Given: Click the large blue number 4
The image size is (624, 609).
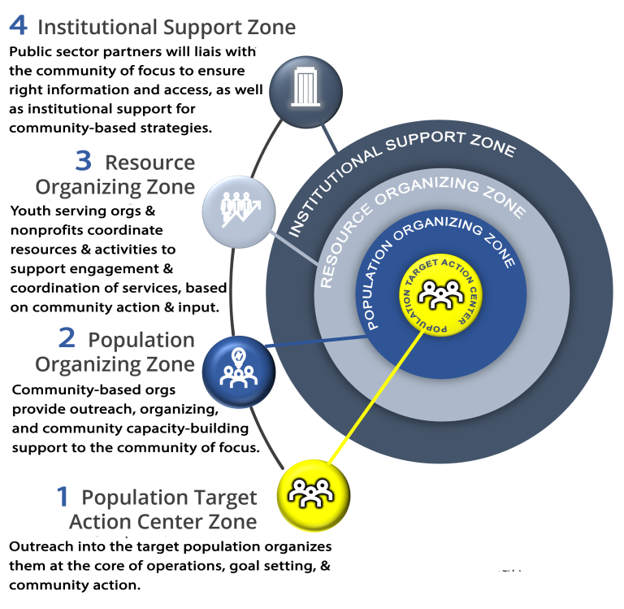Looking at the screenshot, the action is click(19, 25).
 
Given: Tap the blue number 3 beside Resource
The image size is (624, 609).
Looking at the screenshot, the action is click(84, 161).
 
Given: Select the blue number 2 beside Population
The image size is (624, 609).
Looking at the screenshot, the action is click(67, 337).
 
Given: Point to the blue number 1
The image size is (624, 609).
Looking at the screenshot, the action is click(63, 496).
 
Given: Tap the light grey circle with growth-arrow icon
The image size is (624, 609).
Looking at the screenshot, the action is click(239, 212).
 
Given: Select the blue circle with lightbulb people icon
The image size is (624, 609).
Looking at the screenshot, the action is click(239, 372).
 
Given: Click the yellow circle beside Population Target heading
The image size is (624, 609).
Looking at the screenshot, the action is click(314, 495).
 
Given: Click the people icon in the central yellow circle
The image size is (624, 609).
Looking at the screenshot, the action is click(440, 294).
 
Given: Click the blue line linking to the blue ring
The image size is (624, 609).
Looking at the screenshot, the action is click(317, 341).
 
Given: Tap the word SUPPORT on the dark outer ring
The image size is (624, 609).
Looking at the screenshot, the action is click(425, 140).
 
